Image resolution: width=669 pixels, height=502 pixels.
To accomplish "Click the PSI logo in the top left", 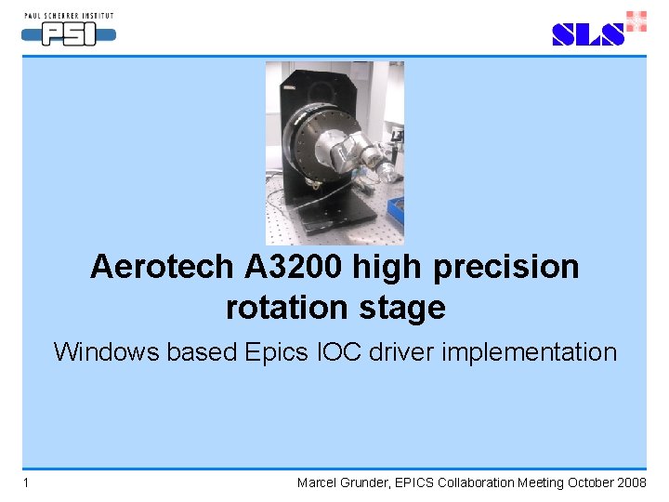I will [69, 34].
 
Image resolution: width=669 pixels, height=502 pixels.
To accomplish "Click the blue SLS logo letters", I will [587, 34].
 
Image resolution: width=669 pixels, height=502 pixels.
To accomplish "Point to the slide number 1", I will [27, 482].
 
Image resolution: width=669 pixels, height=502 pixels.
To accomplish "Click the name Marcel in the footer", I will [318, 482].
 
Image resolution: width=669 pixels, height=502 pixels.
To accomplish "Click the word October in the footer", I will [584, 482].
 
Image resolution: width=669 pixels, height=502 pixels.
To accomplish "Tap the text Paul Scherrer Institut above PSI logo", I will [70, 14].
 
